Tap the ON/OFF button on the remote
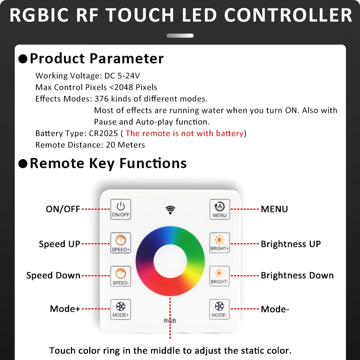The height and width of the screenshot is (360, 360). pyautogui.click(x=120, y=210)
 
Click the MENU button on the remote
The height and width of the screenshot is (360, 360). pyautogui.click(x=220, y=210)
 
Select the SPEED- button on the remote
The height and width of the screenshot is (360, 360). pyautogui.click(x=120, y=276)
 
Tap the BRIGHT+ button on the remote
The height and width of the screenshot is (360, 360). pyautogui.click(x=220, y=243)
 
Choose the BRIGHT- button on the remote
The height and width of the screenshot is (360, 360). pyautogui.click(x=220, y=276)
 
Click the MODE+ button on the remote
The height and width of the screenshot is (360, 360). pyautogui.click(x=120, y=310)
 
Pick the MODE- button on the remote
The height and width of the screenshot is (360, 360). pyautogui.click(x=220, y=310)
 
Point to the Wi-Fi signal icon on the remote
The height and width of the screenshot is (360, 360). pyautogui.click(x=170, y=210)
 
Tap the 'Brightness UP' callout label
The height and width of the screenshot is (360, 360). pyautogui.click(x=291, y=244)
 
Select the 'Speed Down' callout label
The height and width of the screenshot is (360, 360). pyautogui.click(x=53, y=276)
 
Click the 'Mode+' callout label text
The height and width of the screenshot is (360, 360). pyautogui.click(x=65, y=309)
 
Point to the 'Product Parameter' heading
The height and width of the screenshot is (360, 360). pyautogui.click(x=96, y=58)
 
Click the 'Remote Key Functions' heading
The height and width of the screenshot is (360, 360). pyautogui.click(x=108, y=163)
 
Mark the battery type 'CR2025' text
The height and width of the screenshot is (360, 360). pyautogui.click(x=103, y=134)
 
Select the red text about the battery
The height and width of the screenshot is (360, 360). pyautogui.click(x=184, y=134)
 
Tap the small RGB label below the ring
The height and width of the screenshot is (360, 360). pyautogui.click(x=170, y=321)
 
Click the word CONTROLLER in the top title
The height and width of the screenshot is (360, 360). pyautogui.click(x=288, y=15)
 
